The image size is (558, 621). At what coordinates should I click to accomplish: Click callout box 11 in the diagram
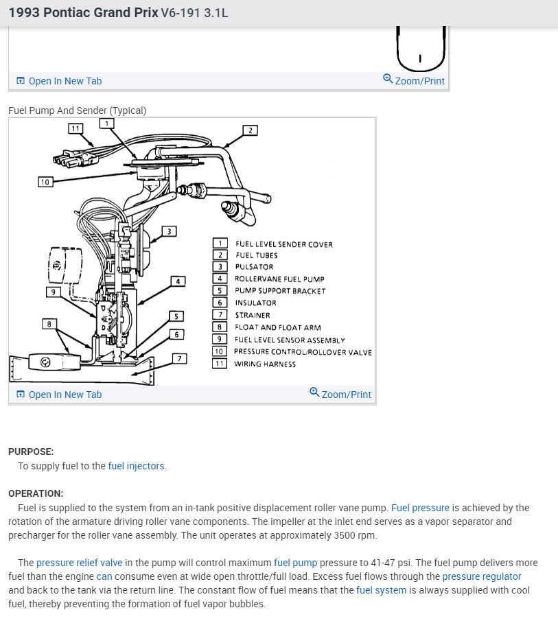point(75,128)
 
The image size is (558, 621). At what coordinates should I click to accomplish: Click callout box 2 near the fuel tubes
point(251,130)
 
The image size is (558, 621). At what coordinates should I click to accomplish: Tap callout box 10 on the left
point(45,182)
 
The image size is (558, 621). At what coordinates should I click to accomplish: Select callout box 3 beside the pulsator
point(169,231)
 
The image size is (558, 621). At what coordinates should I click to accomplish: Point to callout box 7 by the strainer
point(179,358)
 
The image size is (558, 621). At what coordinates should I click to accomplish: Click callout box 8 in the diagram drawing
point(49,323)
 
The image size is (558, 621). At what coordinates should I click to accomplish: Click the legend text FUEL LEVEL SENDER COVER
point(283,244)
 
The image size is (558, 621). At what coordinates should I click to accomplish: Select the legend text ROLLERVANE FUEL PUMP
point(279,279)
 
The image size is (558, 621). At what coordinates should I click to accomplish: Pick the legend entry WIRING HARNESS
point(265,364)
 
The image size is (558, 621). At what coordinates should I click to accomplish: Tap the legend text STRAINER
point(253,316)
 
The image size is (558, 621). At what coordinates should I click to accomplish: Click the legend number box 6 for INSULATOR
point(220,303)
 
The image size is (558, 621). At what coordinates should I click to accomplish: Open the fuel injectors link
point(137,466)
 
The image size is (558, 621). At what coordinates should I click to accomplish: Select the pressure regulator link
point(482,576)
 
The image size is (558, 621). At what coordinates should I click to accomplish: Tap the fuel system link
point(381,590)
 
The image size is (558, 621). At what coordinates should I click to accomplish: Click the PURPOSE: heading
point(31,452)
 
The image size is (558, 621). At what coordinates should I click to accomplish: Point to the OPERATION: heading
point(36,493)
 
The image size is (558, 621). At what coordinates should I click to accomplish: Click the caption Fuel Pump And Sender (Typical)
point(77,110)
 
